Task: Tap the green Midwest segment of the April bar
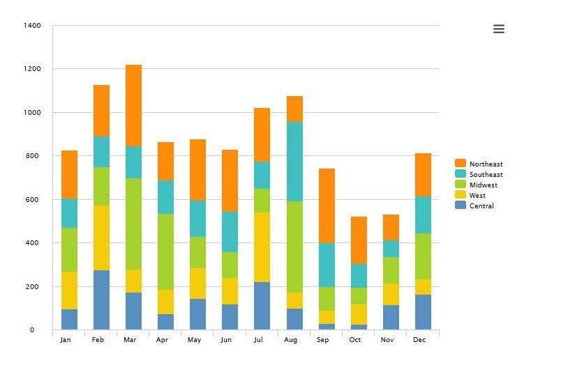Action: tap(165, 251)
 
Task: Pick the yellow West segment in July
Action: tap(262, 247)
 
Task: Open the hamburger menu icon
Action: tap(498, 29)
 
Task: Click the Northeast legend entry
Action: tap(486, 164)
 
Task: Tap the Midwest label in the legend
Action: tap(483, 185)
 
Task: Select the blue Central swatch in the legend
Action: tap(460, 206)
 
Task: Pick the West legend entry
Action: tap(477, 196)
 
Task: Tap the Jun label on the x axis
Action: tap(226, 340)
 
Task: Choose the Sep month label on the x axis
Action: tap(322, 340)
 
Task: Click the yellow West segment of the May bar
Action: tap(197, 284)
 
